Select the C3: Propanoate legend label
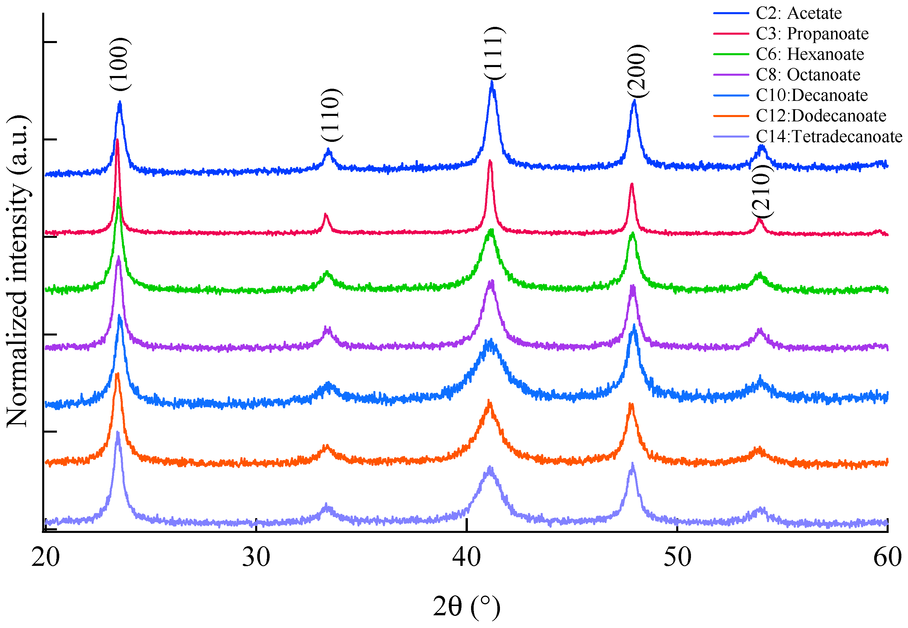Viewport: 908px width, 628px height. (x=811, y=34)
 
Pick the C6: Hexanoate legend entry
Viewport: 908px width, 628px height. (x=810, y=54)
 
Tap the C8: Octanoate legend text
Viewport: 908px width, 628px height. (x=808, y=75)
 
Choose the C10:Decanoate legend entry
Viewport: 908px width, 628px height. (x=811, y=95)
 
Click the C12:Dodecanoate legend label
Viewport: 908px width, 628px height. (x=821, y=116)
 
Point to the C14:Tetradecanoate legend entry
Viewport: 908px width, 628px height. (x=829, y=136)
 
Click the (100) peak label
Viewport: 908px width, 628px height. (x=119, y=64)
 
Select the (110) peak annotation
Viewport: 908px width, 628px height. (x=331, y=115)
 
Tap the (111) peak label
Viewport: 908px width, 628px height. (x=493, y=53)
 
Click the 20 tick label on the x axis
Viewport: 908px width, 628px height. (x=46, y=557)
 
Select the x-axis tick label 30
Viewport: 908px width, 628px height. (x=256, y=557)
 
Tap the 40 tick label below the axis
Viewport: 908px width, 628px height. (x=467, y=557)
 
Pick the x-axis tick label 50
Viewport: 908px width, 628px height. (x=677, y=557)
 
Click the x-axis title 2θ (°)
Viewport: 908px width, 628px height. (x=467, y=607)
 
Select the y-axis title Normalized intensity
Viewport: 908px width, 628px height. (x=18, y=271)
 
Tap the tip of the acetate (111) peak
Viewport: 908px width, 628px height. (x=492, y=81)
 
